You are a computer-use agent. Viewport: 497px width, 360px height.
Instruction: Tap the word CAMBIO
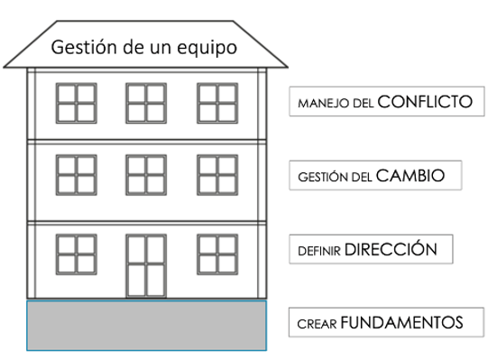click(x=410, y=176)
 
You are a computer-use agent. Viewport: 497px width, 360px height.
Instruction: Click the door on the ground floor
click(x=146, y=265)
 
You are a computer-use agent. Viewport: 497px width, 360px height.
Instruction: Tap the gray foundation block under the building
click(x=146, y=325)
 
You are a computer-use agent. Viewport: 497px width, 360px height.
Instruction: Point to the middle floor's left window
click(x=76, y=174)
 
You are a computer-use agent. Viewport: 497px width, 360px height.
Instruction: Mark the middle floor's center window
click(x=146, y=174)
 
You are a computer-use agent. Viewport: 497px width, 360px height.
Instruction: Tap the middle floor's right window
click(x=216, y=174)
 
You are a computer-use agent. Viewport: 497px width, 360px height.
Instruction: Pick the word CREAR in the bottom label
click(x=317, y=323)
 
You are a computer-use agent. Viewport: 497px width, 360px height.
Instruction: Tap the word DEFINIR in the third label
click(x=319, y=251)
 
